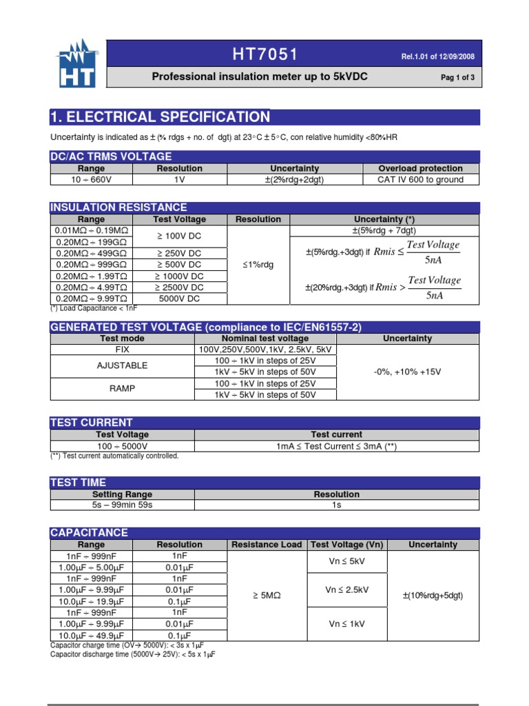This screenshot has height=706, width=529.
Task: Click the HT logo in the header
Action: click(76, 64)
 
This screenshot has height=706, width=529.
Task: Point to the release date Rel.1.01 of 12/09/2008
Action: click(437, 57)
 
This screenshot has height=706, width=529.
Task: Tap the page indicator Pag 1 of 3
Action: click(457, 78)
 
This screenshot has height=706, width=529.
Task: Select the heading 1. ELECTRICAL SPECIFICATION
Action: click(160, 117)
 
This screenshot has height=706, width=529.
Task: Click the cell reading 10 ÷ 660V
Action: click(92, 180)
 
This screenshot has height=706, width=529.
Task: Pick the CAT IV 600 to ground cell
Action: click(420, 180)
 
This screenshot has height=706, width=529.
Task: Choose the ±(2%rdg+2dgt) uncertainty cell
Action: click(294, 180)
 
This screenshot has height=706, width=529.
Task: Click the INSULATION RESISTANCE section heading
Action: click(118, 208)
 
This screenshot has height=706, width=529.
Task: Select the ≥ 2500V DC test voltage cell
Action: click(179, 288)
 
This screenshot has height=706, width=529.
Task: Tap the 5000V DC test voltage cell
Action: click(179, 299)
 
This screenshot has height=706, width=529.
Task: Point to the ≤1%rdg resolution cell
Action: click(258, 265)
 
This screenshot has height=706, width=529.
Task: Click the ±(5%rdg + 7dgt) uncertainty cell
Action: click(384, 231)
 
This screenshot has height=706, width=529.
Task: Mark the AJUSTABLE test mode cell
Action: click(123, 365)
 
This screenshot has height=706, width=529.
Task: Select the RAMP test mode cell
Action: click(123, 389)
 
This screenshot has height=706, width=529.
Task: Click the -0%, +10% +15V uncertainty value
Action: click(407, 372)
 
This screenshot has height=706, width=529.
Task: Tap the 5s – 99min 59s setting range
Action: click(122, 505)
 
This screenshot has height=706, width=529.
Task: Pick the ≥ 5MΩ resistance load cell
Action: click(267, 595)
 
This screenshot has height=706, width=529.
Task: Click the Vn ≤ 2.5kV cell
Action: click(347, 589)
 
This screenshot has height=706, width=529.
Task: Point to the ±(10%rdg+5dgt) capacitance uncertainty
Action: click(433, 595)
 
